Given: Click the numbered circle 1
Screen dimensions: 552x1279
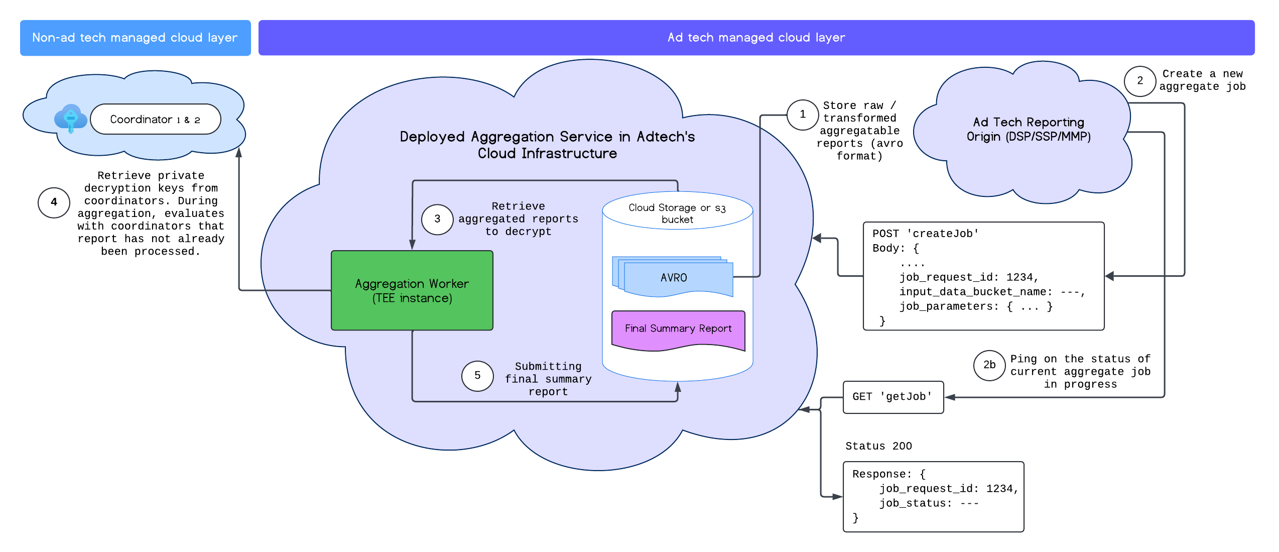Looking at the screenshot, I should coord(802,115).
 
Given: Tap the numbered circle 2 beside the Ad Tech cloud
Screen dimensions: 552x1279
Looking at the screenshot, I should coord(1140,81).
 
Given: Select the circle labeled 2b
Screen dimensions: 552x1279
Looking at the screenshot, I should coord(989,365).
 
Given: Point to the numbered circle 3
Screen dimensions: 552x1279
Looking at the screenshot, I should coord(437,219).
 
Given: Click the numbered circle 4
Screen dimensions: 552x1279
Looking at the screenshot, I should coord(54,202).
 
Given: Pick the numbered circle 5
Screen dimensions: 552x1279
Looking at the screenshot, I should coord(477,376).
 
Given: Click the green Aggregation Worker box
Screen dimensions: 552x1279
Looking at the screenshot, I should coord(412,290).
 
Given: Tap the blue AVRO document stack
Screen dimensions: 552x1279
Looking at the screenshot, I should coord(674,278).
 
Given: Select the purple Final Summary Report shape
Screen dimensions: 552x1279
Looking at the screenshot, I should coord(678,329).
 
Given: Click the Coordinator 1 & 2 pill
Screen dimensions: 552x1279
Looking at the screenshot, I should coord(155,120).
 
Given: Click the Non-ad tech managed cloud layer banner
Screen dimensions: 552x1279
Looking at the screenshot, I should coord(135,38).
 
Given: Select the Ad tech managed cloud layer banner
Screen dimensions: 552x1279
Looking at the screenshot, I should coord(756,38).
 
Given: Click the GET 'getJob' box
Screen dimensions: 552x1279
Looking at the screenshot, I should coord(892,397).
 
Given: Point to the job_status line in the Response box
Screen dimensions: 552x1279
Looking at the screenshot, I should coord(929,503).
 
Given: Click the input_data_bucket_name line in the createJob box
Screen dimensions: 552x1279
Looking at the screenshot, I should coord(991,292).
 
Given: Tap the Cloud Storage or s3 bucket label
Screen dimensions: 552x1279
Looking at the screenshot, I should coord(677,213).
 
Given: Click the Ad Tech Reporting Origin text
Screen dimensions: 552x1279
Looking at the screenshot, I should coord(1028,130).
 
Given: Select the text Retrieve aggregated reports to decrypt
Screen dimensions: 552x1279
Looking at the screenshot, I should coord(518,219).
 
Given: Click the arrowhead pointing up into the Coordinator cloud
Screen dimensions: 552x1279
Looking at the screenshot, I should coord(239,152).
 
